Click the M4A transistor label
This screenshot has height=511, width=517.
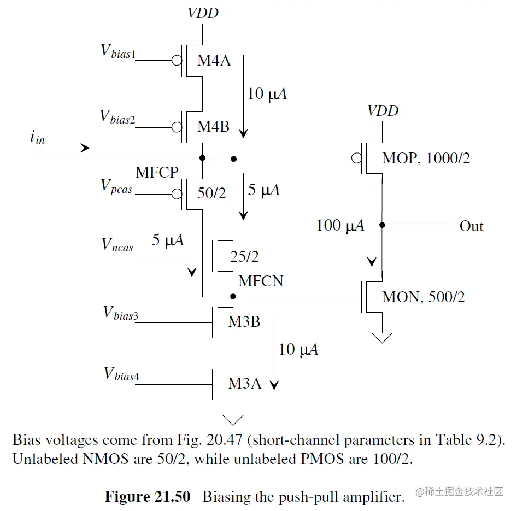pyautogui.click(x=214, y=61)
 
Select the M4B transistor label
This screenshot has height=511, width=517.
pyautogui.click(x=214, y=127)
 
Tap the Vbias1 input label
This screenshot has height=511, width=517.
pyautogui.click(x=118, y=51)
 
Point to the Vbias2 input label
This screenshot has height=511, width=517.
pyautogui.click(x=118, y=117)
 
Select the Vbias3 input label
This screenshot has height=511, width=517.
pyautogui.click(x=120, y=313)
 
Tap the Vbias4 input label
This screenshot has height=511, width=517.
pyautogui.click(x=120, y=374)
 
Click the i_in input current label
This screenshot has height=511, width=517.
pyautogui.click(x=37, y=138)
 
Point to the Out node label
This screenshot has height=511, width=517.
pyautogui.click(x=471, y=226)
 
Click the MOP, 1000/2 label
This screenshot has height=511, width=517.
pyautogui.click(x=426, y=159)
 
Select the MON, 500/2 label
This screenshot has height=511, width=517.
pyautogui.click(x=424, y=298)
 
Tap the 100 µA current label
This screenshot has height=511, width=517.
pyautogui.click(x=340, y=225)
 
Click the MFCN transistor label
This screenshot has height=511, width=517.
pyautogui.click(x=261, y=281)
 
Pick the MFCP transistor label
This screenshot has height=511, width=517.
pyautogui.click(x=157, y=173)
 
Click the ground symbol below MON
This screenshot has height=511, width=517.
pyautogui.click(x=382, y=338)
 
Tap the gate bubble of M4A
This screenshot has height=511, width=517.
pyautogui.click(x=177, y=60)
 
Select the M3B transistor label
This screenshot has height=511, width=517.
pyautogui.click(x=244, y=322)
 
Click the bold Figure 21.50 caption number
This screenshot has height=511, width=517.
pyautogui.click(x=147, y=497)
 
